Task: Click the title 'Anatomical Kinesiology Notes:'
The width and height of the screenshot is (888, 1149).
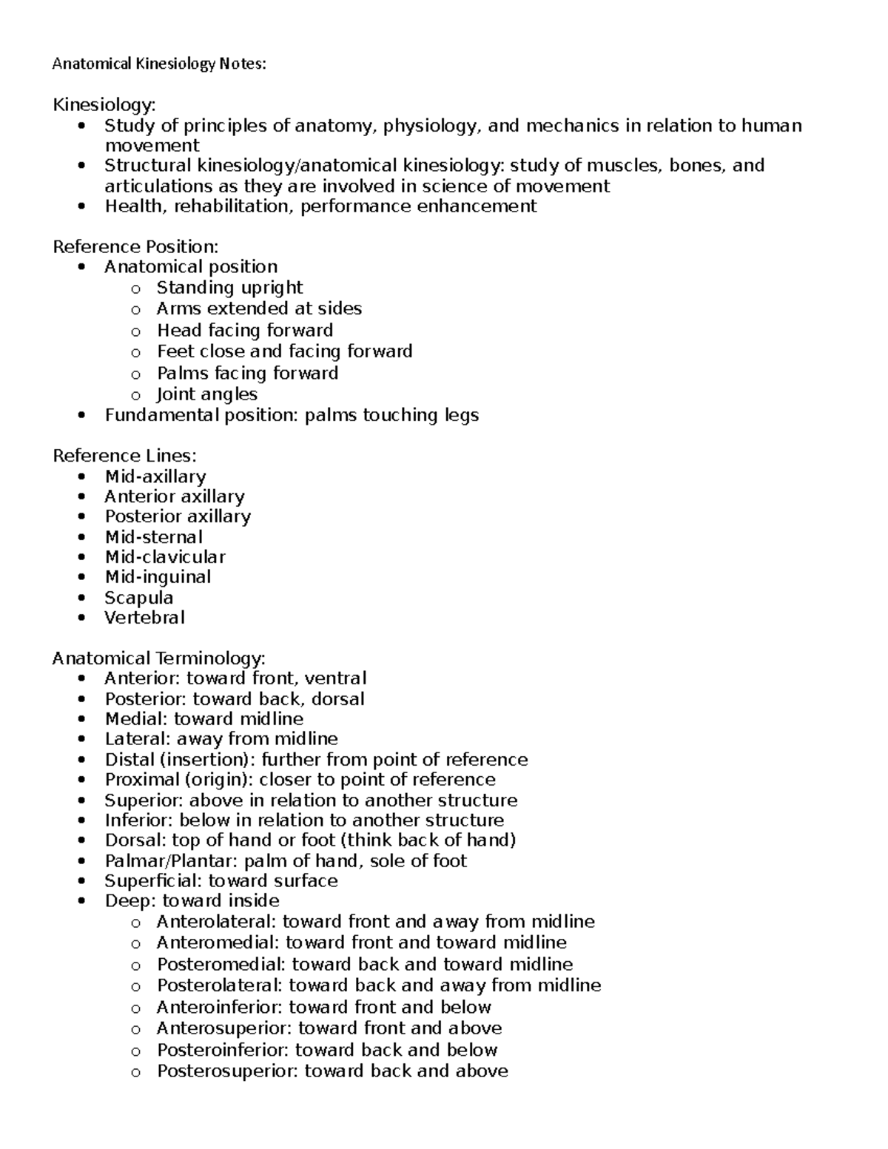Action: pyautogui.click(x=158, y=64)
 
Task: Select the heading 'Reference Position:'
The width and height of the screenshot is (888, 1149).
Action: pyautogui.click(x=135, y=246)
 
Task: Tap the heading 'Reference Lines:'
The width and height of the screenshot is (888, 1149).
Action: pyautogui.click(x=124, y=456)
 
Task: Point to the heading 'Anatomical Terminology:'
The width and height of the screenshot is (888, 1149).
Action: pyautogui.click(x=158, y=658)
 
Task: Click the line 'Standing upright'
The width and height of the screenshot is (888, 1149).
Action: pyautogui.click(x=229, y=287)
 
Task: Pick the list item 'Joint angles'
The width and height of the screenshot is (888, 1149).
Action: pyautogui.click(x=207, y=394)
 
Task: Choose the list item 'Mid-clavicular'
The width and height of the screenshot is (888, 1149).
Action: pyautogui.click(x=165, y=557)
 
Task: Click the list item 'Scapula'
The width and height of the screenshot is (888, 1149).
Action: pyautogui.click(x=139, y=597)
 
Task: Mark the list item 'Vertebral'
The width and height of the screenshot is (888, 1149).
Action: pyautogui.click(x=145, y=617)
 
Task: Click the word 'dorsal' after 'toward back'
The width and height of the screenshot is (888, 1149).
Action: pyautogui.click(x=338, y=699)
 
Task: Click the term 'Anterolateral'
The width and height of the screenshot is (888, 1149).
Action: pyautogui.click(x=215, y=922)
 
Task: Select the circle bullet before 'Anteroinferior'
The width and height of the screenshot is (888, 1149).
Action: pyautogui.click(x=135, y=1008)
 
